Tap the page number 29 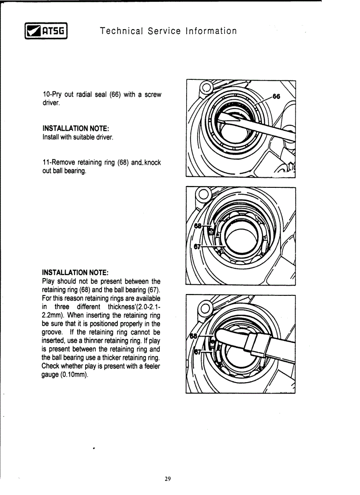(x=167, y=479)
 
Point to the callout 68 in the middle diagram (x=198, y=226)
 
